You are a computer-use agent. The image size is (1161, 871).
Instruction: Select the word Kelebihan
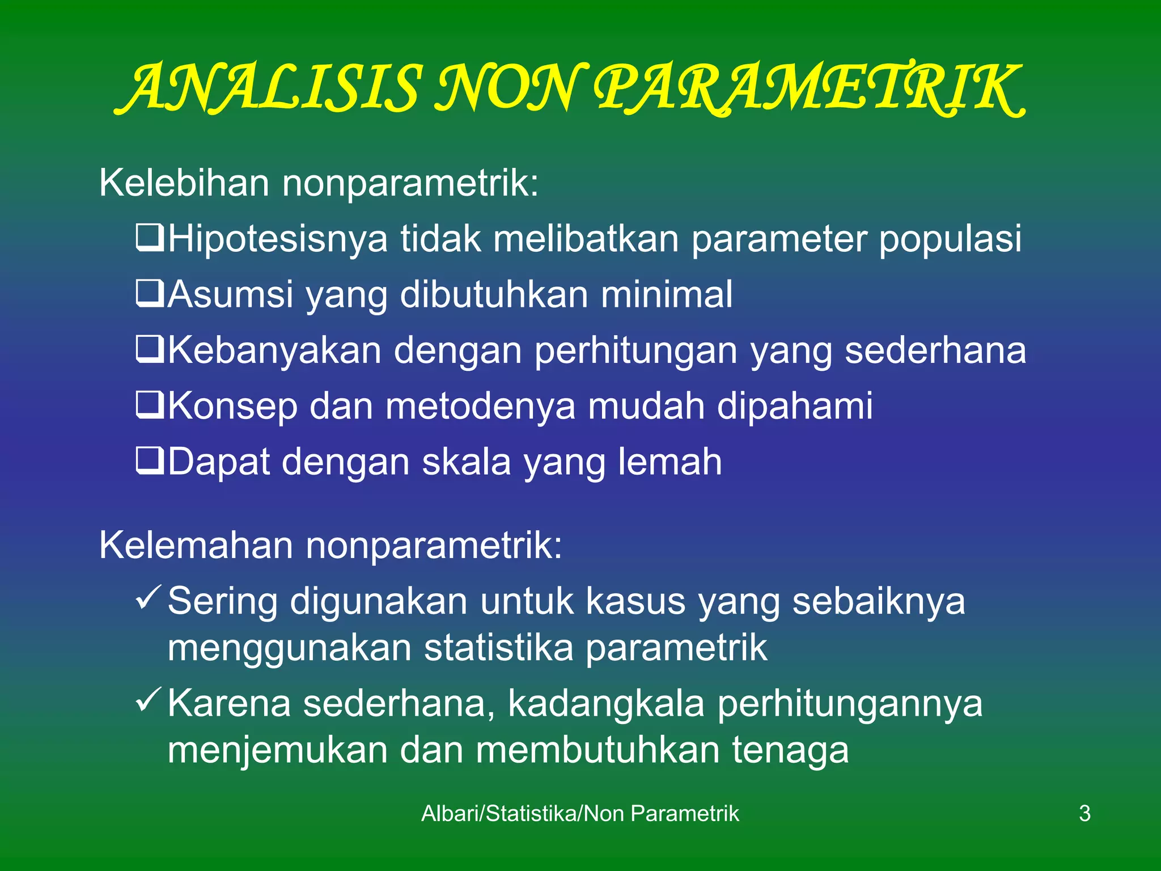[x=184, y=183]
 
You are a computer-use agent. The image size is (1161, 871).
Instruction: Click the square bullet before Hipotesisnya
[x=150, y=238]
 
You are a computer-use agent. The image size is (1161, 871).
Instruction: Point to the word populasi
[x=950, y=239]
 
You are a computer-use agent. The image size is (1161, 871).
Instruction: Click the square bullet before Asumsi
[x=150, y=293]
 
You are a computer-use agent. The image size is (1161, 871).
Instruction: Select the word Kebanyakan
[x=274, y=350]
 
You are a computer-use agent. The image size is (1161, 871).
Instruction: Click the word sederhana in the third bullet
[x=935, y=350]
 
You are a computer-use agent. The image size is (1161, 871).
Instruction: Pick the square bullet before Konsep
[x=150, y=405]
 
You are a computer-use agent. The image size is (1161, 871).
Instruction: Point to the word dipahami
[x=795, y=406]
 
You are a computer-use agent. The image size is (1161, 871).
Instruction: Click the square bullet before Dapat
[x=150, y=460]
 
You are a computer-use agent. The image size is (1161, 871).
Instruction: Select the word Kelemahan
[x=196, y=545]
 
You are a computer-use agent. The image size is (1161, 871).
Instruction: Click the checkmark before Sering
[x=149, y=598]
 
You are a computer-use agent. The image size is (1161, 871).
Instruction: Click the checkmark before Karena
[x=149, y=700]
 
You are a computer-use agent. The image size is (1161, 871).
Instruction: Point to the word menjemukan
[x=277, y=750]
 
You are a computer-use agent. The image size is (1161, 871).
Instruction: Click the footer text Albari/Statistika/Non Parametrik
[x=580, y=813]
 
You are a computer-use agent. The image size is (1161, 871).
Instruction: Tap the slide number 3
[x=1084, y=813]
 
